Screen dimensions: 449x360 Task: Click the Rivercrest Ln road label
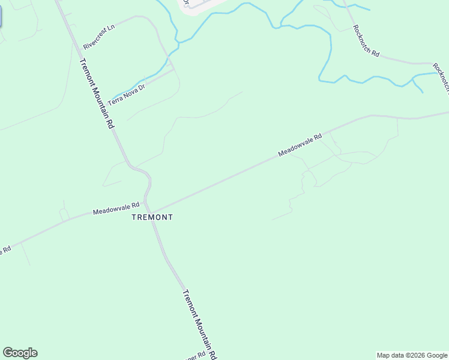[99, 37]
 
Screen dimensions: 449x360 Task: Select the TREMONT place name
[152, 217]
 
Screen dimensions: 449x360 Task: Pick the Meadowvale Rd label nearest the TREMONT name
[116, 209]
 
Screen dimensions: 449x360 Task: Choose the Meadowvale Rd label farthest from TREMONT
[300, 145]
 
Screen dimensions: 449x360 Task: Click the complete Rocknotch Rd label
[366, 41]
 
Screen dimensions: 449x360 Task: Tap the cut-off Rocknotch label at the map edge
[441, 80]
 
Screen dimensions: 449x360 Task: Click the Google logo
[20, 353]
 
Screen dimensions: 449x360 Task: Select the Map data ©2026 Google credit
[412, 355]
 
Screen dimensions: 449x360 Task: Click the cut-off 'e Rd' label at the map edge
[5, 249]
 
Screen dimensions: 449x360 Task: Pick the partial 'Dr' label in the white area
[186, 3]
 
